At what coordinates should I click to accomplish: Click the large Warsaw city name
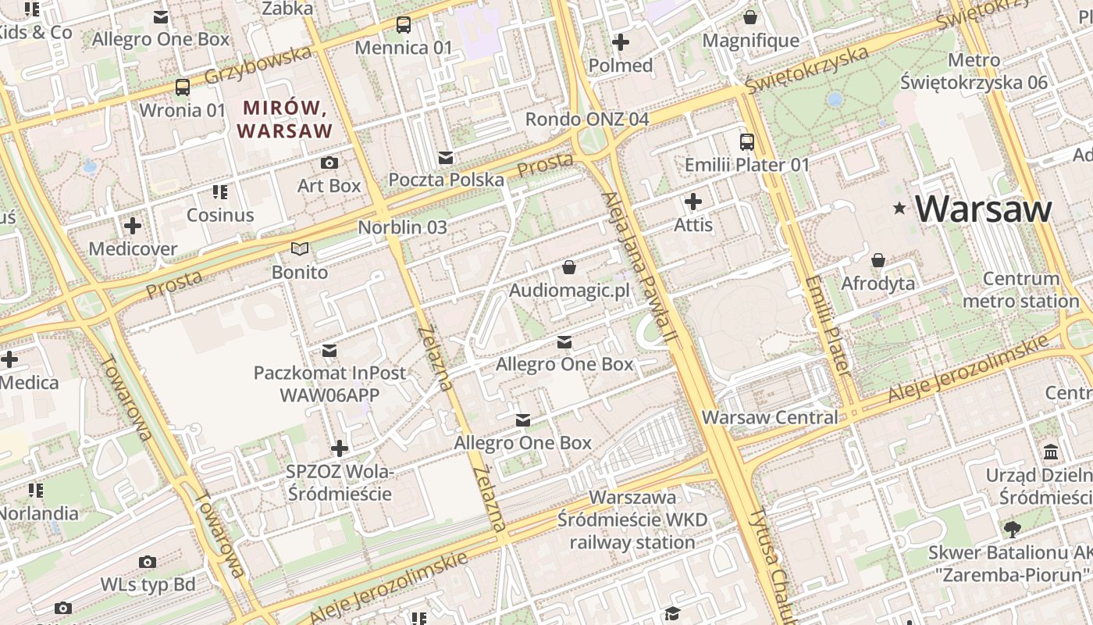[984, 209]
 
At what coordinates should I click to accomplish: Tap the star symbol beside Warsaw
[900, 209]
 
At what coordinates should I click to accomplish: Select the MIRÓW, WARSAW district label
[285, 119]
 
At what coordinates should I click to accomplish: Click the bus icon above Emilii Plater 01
[747, 142]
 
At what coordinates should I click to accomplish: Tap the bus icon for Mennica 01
[403, 25]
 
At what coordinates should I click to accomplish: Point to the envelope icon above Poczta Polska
[446, 158]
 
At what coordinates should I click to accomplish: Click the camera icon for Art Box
[329, 163]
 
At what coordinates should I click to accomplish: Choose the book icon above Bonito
[300, 249]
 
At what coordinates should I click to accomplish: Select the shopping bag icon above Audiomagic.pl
[569, 268]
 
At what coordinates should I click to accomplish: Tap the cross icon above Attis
[692, 202]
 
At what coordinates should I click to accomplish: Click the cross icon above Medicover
[133, 227]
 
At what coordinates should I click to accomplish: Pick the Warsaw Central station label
[770, 417]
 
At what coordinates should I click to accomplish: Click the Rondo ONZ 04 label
[586, 120]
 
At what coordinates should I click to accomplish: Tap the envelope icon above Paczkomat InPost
[329, 351]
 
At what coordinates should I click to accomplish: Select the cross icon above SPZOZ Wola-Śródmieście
[339, 448]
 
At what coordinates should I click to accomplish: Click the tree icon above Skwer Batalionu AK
[1012, 530]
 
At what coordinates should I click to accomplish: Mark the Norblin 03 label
[402, 227]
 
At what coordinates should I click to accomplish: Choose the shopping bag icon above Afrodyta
[878, 260]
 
